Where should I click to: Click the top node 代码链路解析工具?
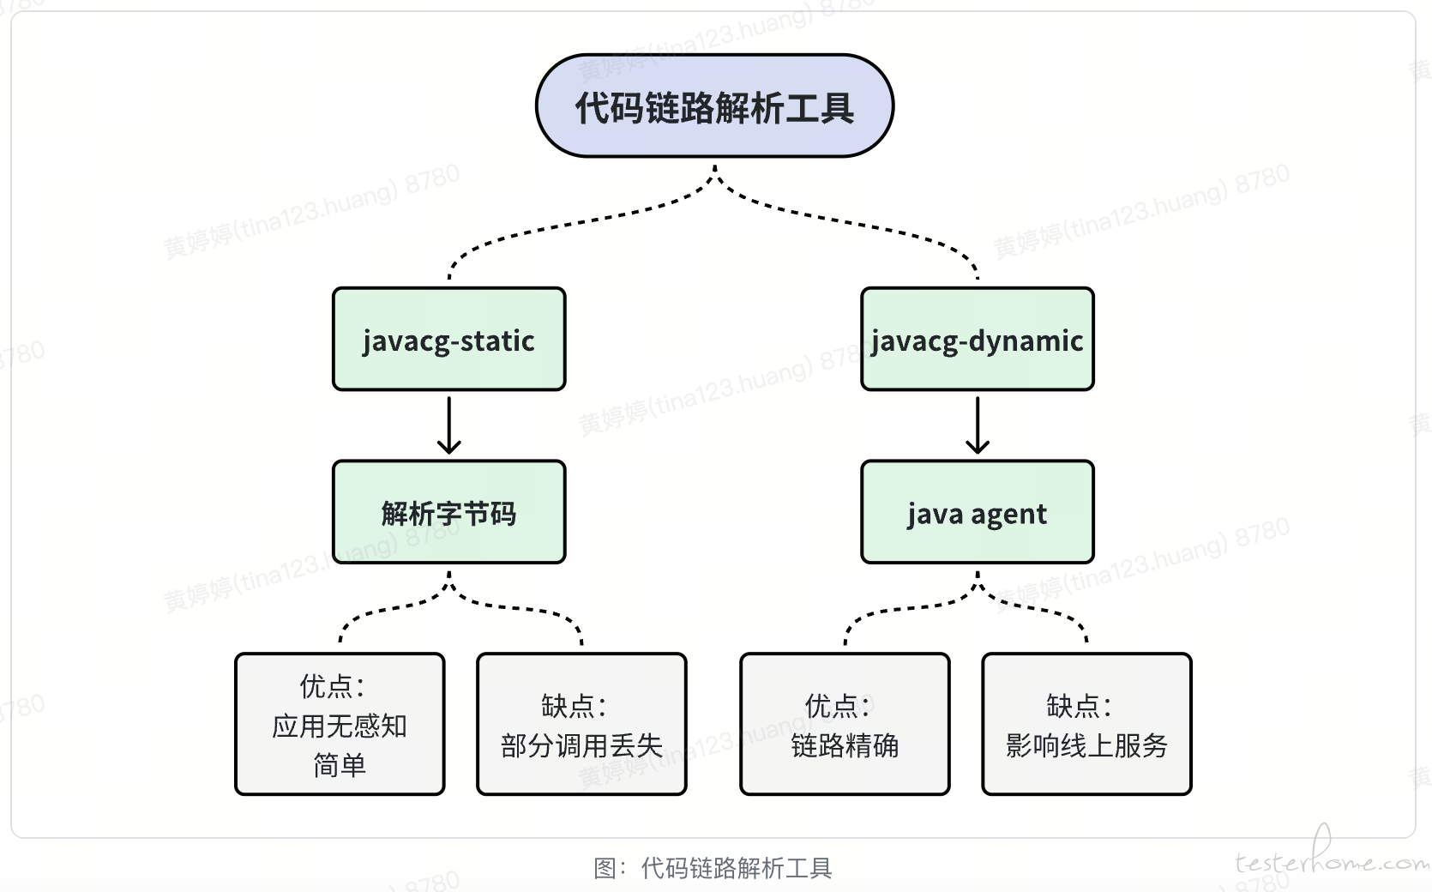(715, 105)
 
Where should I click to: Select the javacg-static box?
(448, 339)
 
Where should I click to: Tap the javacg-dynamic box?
(978, 339)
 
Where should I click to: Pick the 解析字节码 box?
(448, 511)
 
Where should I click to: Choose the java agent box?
(978, 511)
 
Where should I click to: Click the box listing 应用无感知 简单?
(340, 724)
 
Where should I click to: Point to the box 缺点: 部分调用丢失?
(581, 724)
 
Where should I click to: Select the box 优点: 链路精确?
(845, 724)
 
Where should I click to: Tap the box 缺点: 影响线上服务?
(1086, 724)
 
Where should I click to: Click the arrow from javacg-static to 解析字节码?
(448, 425)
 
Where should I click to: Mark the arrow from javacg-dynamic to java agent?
(978, 425)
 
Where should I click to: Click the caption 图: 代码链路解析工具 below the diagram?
(713, 868)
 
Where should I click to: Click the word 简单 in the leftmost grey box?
(340, 765)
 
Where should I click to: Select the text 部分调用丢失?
(581, 745)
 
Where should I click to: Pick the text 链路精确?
(845, 745)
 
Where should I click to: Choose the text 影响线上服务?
(1086, 745)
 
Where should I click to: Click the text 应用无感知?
(340, 726)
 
